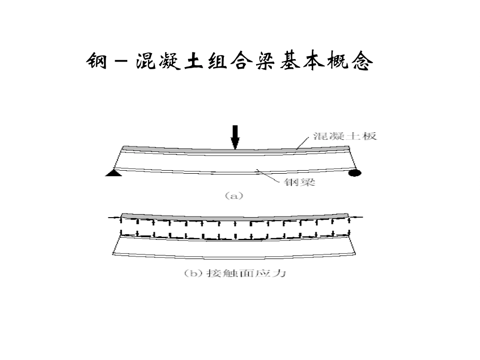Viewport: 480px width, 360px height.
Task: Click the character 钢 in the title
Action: pyautogui.click(x=97, y=61)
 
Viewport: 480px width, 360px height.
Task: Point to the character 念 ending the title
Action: pyautogui.click(x=362, y=61)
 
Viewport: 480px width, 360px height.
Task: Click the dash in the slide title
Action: pyautogui.click(x=122, y=61)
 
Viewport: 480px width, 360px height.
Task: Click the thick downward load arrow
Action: pyautogui.click(x=235, y=137)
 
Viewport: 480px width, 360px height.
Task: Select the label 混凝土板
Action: pyautogui.click(x=345, y=136)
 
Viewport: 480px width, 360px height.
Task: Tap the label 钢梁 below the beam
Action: pyautogui.click(x=300, y=182)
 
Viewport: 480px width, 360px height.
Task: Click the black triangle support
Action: pyautogui.click(x=114, y=173)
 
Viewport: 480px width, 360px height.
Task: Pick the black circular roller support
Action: pyautogui.click(x=355, y=173)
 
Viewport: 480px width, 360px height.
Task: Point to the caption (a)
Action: pyautogui.click(x=234, y=196)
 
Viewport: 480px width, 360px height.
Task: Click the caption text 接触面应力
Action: pyautogui.click(x=247, y=273)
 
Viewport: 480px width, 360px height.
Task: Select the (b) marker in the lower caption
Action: pyautogui.click(x=194, y=273)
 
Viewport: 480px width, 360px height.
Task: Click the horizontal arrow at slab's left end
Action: pyautogui.click(x=115, y=218)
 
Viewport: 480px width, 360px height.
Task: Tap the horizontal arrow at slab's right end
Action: pyautogui.click(x=355, y=217)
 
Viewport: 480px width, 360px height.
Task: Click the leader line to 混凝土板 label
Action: pyautogui.click(x=303, y=143)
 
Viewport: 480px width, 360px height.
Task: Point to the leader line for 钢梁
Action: pyautogui.click(x=268, y=176)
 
